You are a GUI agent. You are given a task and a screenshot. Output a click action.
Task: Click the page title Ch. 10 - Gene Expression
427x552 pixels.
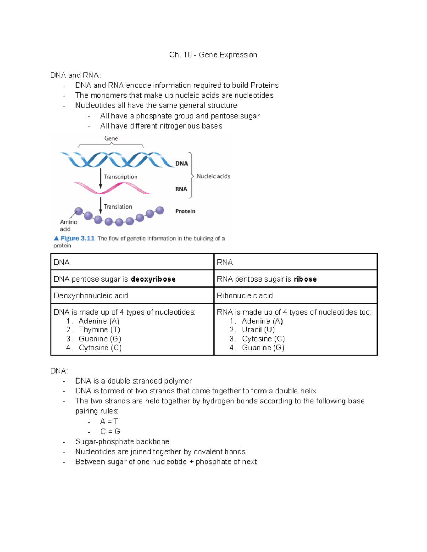pos(213,55)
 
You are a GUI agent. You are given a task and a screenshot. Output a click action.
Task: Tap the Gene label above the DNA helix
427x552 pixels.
pos(111,138)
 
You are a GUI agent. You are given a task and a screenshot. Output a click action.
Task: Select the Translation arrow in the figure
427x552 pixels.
pos(101,205)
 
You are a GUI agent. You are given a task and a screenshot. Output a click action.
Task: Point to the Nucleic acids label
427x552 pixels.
pos(213,176)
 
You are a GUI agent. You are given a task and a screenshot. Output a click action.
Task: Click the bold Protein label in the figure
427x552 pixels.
pos(185,211)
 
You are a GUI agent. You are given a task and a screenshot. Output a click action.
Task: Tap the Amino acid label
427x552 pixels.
pos(68,225)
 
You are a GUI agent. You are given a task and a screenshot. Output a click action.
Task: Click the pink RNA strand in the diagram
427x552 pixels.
pos(112,188)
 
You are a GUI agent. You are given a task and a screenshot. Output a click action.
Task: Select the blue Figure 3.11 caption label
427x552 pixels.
pos(74,238)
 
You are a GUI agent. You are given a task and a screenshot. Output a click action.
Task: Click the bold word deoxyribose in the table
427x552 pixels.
pos(153,279)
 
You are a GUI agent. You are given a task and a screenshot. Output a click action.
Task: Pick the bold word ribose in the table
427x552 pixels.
pos(305,279)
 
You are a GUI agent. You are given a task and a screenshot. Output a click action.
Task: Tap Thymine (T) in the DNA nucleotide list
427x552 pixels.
pos(99,330)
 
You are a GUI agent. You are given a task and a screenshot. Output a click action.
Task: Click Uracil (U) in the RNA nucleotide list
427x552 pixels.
pos(258,330)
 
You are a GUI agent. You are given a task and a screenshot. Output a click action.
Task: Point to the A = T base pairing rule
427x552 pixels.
pos(109,421)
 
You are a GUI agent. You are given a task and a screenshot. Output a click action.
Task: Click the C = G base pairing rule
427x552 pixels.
pos(110,432)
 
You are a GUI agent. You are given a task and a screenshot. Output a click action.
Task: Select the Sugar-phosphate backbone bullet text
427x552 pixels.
pos(122,441)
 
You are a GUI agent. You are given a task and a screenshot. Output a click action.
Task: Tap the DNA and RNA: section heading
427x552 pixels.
pos(75,75)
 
